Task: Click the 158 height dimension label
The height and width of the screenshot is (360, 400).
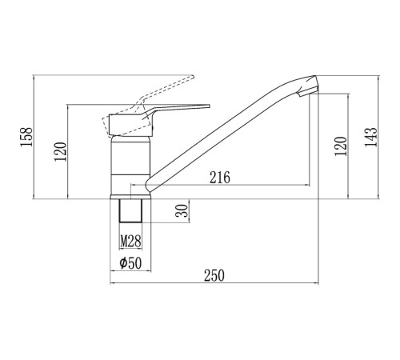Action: tap(26, 137)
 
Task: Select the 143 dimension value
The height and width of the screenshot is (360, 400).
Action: tap(371, 137)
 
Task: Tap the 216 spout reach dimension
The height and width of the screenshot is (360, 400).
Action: tap(220, 178)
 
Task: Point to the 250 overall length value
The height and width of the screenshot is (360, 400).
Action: tap(214, 276)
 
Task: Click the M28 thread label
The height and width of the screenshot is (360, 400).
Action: tap(130, 242)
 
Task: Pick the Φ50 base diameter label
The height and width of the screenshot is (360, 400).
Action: tap(130, 263)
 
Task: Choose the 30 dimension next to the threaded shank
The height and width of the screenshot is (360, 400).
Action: tap(182, 210)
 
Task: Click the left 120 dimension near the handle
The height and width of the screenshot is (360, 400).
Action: tap(60, 151)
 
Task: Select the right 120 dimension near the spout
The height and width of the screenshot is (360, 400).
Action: tap(341, 146)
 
